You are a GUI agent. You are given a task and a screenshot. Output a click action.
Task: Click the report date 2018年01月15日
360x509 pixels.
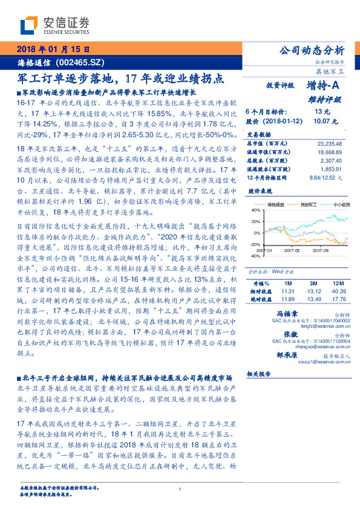[x=54, y=48]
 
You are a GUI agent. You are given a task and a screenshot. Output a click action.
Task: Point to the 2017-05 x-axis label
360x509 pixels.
[x=292, y=249]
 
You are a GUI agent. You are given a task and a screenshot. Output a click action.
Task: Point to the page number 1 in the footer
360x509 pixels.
[x=180, y=489]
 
